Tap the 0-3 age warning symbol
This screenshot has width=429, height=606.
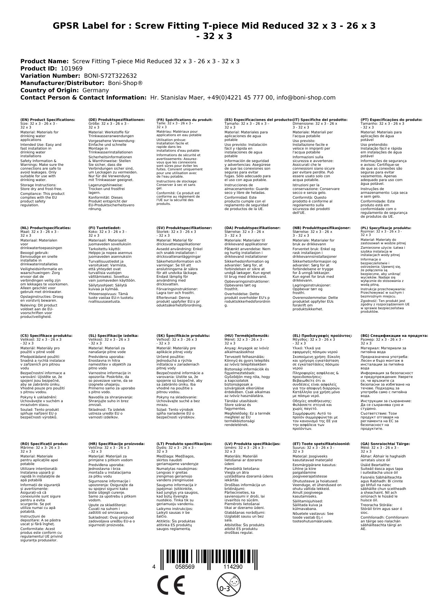coord(228,585)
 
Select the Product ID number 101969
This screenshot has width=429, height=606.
coord(72,68)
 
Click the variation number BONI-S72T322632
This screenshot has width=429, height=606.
coord(110,76)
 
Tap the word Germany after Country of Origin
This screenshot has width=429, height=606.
coord(95,90)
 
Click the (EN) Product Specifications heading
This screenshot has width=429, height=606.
coord(48,120)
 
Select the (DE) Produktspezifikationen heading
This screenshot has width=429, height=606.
coord(116,120)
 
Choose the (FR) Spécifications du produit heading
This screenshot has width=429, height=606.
coord(184,120)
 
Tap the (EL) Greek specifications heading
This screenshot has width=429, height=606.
coord(322,335)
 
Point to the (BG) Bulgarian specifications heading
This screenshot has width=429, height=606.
coord(394,335)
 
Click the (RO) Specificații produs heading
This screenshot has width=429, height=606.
coord(44,444)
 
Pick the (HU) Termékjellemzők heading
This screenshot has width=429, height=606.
coord(246,335)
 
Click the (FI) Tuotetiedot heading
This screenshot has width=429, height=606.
coord(104,228)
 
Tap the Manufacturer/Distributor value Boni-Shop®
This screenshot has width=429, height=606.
coord(125,83)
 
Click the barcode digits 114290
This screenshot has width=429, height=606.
coord(233,567)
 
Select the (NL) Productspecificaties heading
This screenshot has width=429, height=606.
coord(46,228)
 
